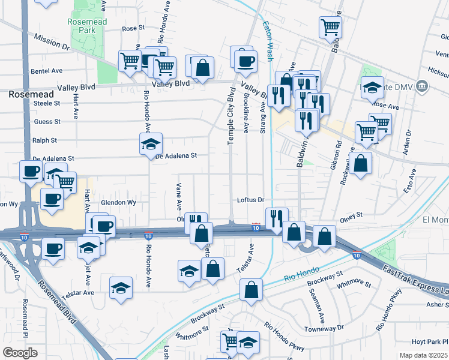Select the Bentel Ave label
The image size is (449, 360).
[47, 71]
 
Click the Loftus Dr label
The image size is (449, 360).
[250, 200]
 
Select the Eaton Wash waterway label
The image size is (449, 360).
[267, 36]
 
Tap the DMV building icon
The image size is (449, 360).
[423, 86]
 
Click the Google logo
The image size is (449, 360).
[20, 353]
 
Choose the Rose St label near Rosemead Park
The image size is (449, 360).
[133, 28]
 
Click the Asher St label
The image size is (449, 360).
[437, 305]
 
